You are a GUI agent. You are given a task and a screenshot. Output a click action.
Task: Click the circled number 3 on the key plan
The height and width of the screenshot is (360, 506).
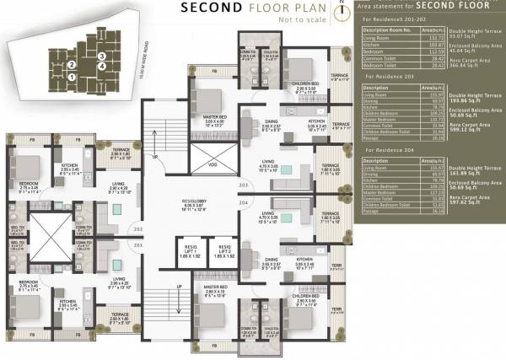[x=101, y=56]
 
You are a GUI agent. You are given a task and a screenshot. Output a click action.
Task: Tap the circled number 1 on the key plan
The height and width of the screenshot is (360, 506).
[x=73, y=77]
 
